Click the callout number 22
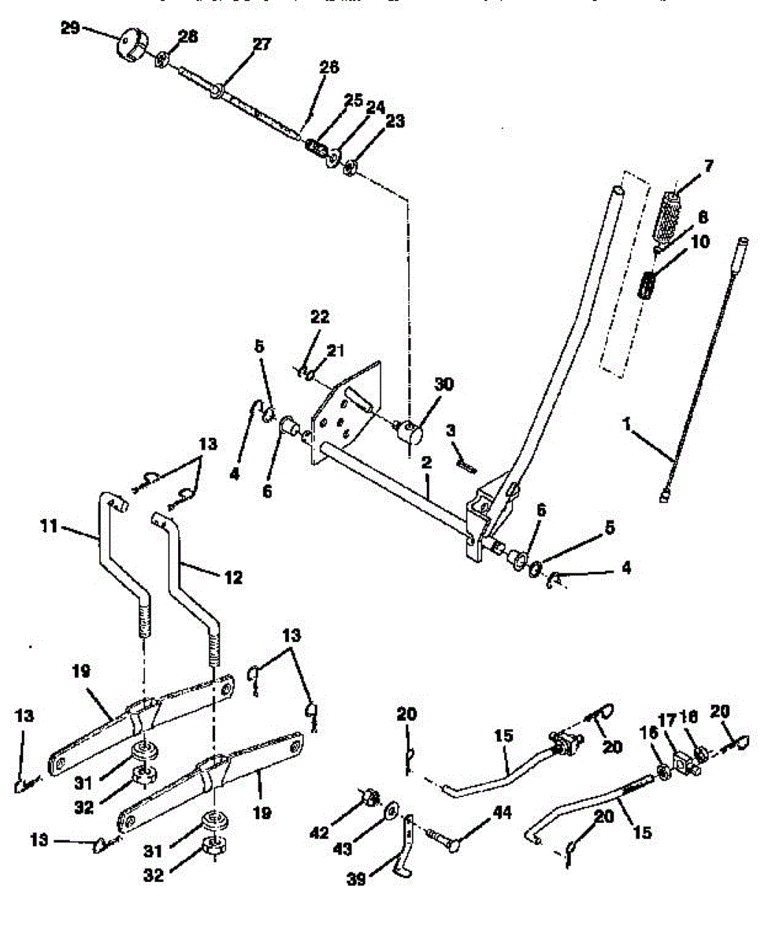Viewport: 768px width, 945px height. tap(320, 317)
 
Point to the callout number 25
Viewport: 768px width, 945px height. tap(353, 100)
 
